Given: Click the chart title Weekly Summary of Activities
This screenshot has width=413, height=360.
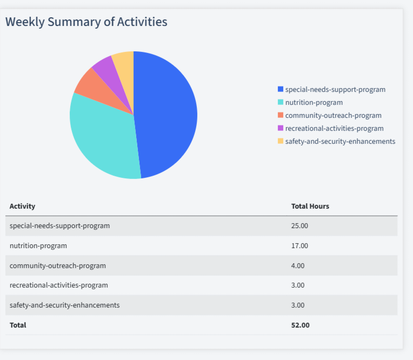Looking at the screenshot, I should [86, 22].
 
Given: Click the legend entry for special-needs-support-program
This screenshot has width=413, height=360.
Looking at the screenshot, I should [335, 89].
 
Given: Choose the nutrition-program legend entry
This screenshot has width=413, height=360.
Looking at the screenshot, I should [314, 102].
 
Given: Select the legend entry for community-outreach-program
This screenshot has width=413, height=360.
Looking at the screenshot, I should [333, 115].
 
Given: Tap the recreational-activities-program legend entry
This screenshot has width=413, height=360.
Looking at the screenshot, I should [334, 128].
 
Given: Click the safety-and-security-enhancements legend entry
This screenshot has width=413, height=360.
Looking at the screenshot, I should [340, 141].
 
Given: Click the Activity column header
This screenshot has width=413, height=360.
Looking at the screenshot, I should [22, 206].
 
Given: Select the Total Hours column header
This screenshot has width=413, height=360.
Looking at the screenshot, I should [310, 206].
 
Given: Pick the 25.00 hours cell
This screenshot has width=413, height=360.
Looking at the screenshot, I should [299, 225].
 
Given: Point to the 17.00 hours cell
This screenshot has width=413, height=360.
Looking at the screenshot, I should [299, 245].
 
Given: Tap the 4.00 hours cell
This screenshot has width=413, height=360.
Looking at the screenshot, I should [298, 265].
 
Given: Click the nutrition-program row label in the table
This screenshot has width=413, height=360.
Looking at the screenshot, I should [38, 245].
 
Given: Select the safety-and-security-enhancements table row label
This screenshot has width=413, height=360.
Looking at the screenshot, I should [64, 305].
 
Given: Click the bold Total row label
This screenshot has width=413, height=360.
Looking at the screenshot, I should [18, 325].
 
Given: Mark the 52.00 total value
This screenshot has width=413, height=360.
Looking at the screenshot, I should [300, 325].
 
